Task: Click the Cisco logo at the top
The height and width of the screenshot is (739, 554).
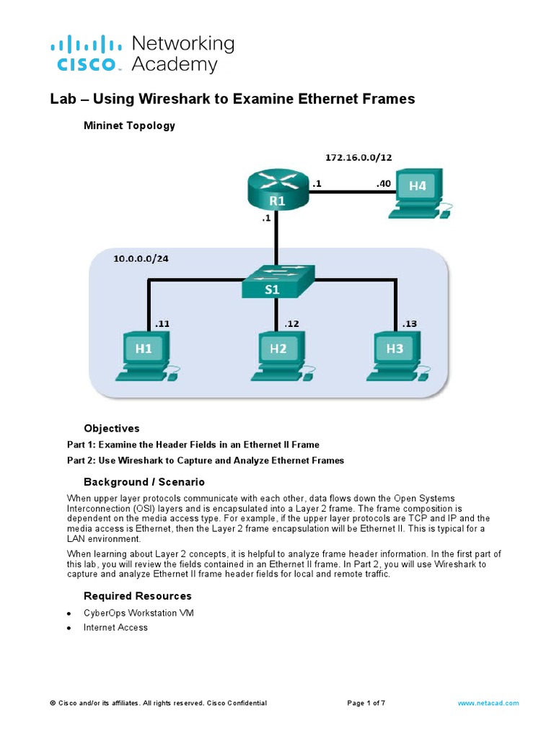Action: click(x=85, y=53)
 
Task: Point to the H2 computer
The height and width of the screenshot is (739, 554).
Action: click(x=279, y=355)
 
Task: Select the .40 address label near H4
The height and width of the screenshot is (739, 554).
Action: click(x=383, y=184)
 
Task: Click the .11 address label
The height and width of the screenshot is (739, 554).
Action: click(x=162, y=324)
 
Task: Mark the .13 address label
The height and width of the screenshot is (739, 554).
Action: click(x=409, y=324)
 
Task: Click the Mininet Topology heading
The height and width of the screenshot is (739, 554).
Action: click(x=129, y=126)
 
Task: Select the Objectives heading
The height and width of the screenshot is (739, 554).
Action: click(x=111, y=428)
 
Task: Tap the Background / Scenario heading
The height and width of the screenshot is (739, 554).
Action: click(x=144, y=481)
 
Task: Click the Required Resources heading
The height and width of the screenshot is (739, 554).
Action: click(x=137, y=595)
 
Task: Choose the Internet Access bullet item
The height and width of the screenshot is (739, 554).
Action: click(x=115, y=627)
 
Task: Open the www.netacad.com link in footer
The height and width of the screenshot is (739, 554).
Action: click(x=488, y=703)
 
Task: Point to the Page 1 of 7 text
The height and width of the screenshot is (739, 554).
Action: click(x=371, y=703)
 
